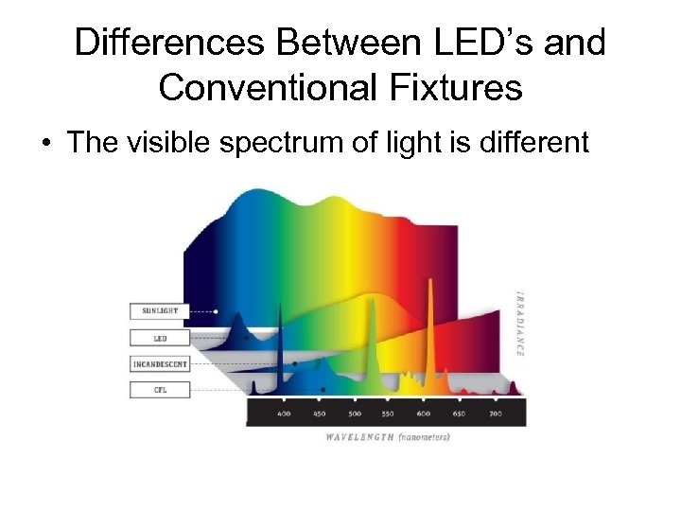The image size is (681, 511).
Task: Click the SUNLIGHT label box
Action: tap(159, 310)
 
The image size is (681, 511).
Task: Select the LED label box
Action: tap(159, 337)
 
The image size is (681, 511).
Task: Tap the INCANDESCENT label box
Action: tap(159, 363)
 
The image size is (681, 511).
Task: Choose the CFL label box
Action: tap(159, 389)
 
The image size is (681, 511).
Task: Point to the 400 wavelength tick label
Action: tap(284, 414)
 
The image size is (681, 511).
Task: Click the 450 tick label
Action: tap(319, 414)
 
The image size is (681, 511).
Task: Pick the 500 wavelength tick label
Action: tap(354, 414)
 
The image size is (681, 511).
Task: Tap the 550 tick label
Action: tap(389, 414)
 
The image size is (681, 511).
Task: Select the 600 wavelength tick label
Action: tap(424, 414)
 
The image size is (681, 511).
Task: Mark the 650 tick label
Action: tap(459, 414)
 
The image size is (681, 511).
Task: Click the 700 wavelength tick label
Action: tap(494, 414)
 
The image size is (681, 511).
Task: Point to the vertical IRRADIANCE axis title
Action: tap(519, 322)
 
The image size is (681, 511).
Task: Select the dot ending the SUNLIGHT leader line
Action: tap(217, 310)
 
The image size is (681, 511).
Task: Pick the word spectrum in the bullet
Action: tap(320, 143)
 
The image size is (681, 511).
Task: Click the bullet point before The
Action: tap(44, 144)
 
